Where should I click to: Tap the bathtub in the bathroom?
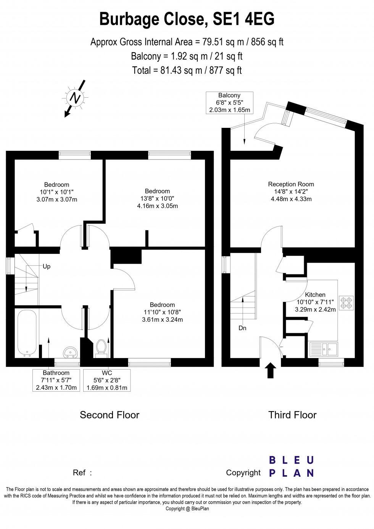[x=27, y=333]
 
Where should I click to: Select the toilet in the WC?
[x=101, y=347]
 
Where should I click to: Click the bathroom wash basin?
[x=70, y=351]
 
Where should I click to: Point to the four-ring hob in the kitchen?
[x=347, y=302]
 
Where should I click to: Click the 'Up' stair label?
[x=47, y=266]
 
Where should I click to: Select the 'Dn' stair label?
[x=242, y=327]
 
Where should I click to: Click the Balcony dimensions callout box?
[x=229, y=103]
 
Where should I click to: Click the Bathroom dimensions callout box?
[x=56, y=380]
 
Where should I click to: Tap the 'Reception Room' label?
[x=291, y=184]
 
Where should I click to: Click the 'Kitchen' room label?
[x=315, y=295]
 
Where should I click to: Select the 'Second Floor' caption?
[x=110, y=415]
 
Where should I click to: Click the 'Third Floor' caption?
[x=292, y=415]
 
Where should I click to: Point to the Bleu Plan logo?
[x=292, y=466]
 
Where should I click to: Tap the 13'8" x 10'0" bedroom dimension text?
[x=157, y=198]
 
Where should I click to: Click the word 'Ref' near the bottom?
[x=79, y=473]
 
